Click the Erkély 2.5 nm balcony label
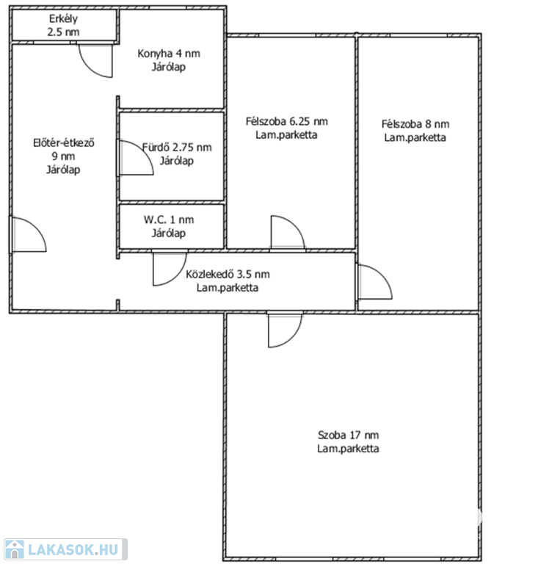pyautogui.click(x=63, y=25)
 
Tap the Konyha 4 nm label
pyautogui.click(x=169, y=54)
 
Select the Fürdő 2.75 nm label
pyautogui.click(x=177, y=147)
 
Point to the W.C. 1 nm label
pyautogui.click(x=169, y=220)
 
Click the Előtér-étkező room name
pyautogui.click(x=64, y=142)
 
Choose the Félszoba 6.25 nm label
pyautogui.click(x=287, y=121)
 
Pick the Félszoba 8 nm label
pyautogui.click(x=415, y=124)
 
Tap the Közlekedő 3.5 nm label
pyautogui.click(x=228, y=274)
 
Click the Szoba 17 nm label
pyautogui.click(x=348, y=435)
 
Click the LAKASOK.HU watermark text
pyautogui.click(x=73, y=549)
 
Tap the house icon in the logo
pyautogui.click(x=15, y=549)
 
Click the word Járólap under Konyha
pyautogui.click(x=169, y=67)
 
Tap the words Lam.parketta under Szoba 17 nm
pyautogui.click(x=348, y=449)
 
